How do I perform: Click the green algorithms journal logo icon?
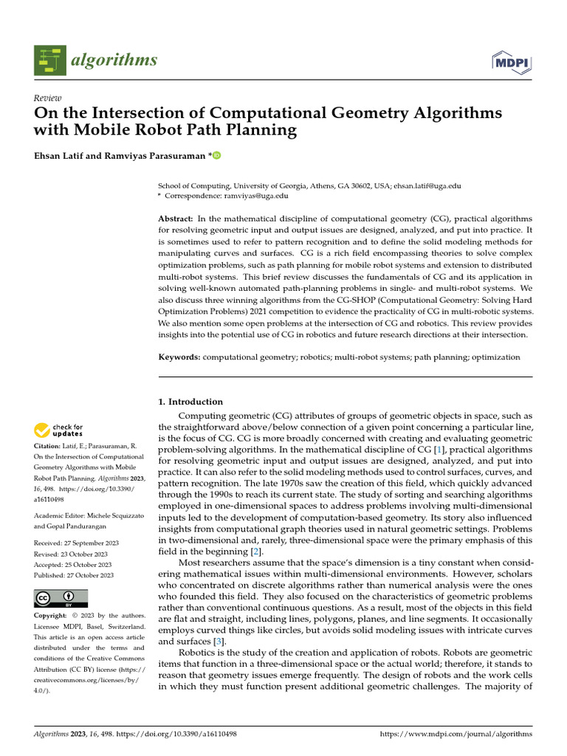coord(49,60)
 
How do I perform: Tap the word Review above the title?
coord(48,98)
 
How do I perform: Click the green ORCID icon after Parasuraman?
coord(217,156)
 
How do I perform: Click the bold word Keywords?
coord(179,357)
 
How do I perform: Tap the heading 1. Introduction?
coord(190,402)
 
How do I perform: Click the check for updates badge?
coord(58,430)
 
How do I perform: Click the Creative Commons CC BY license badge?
coord(61,598)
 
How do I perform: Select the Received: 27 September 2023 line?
coord(77,542)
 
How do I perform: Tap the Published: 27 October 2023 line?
coord(74,575)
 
